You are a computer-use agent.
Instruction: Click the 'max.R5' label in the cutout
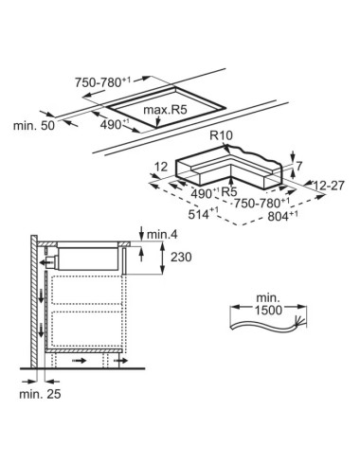coord(165,110)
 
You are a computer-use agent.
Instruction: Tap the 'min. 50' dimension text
coord(34,126)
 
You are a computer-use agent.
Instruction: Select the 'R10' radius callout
coord(221,135)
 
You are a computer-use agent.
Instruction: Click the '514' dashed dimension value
coord(199,214)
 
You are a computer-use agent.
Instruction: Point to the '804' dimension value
coord(279,216)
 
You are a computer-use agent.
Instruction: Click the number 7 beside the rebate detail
coord(299,166)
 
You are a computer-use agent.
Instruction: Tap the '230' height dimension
coord(181,257)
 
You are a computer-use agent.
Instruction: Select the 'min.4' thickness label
coord(162,234)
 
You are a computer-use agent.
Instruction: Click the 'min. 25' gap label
coord(40,394)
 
